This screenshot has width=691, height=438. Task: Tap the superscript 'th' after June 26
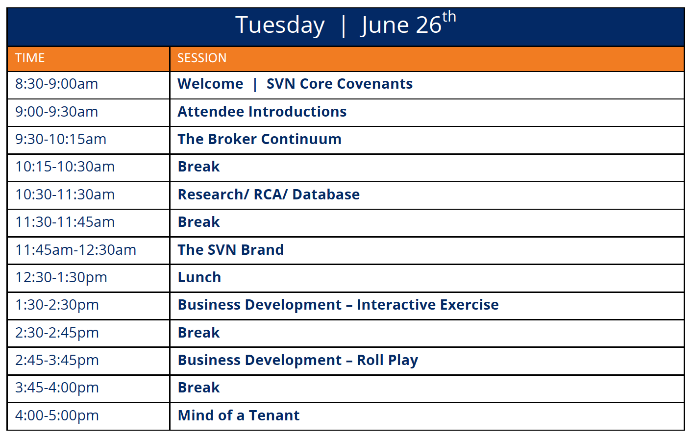pos(449,17)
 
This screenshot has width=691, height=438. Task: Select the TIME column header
pos(30,58)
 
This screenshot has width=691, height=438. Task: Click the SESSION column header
pos(202,58)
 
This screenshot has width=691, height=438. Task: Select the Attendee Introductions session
pos(262,112)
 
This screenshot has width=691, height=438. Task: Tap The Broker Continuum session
pos(259,139)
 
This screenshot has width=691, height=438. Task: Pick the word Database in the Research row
pos(326,195)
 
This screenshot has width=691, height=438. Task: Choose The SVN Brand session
pos(230,250)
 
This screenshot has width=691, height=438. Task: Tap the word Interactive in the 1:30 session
pos(396,305)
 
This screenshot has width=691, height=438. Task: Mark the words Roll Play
pos(388,360)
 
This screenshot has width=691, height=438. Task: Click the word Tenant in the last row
pos(274,415)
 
